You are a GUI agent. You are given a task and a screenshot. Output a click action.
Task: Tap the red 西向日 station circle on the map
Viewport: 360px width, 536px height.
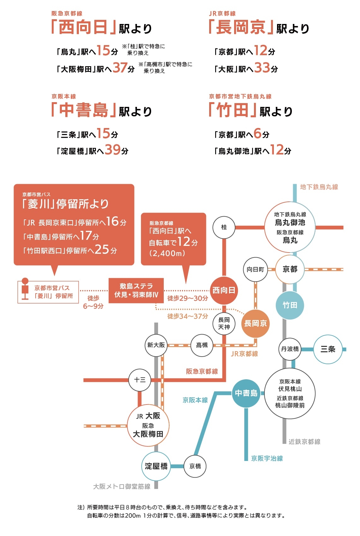coord(224,290)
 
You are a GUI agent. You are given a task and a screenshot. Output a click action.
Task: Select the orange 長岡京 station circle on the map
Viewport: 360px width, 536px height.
coord(255,323)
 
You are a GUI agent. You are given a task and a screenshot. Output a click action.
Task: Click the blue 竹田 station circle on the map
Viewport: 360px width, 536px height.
coord(290,305)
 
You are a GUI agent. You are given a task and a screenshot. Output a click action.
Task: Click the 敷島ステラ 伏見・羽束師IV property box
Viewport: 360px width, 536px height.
coord(136,290)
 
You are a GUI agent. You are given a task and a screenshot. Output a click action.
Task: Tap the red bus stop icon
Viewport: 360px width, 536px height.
coord(25,288)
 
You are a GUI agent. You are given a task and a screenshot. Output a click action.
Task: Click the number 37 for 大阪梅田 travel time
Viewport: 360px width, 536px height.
coord(120,68)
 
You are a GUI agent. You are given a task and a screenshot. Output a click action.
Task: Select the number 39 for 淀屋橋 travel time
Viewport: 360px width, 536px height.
coord(112,150)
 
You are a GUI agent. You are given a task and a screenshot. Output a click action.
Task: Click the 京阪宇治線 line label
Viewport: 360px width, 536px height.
coord(267,458)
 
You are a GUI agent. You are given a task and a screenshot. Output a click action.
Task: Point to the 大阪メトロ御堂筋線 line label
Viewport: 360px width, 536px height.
coord(122,486)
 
